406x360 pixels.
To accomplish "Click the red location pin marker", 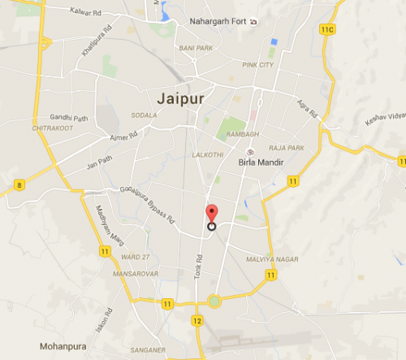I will tap(212, 214).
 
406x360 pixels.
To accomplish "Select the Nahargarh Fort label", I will tap(217, 21).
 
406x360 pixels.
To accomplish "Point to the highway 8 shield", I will tap(18, 185).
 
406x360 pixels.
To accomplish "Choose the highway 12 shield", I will tap(197, 321).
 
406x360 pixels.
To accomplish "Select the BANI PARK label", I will tap(196, 49).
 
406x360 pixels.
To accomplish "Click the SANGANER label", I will tap(147, 350).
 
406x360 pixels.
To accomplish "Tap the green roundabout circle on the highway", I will tap(214, 301).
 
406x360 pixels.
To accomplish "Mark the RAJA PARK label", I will tap(287, 149).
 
